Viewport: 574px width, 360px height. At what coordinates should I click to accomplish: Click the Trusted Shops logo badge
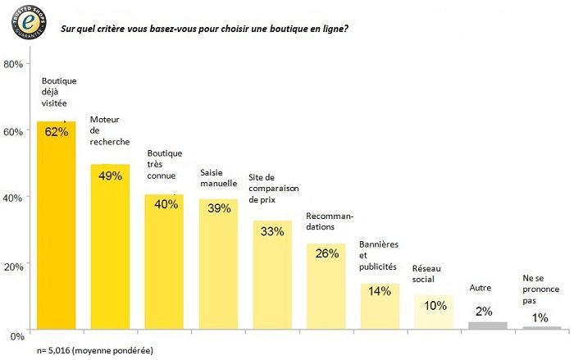pyautogui.click(x=29, y=22)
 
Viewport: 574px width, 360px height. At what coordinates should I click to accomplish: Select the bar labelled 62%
pyautogui.click(x=57, y=226)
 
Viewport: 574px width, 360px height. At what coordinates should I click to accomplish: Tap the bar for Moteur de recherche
pyautogui.click(x=110, y=247)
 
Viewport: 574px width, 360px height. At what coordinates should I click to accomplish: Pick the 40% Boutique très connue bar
pyautogui.click(x=164, y=262)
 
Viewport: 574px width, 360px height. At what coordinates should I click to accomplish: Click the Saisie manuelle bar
pyautogui.click(x=219, y=264)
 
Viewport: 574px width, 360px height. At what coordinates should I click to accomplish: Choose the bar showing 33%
pyautogui.click(x=272, y=275)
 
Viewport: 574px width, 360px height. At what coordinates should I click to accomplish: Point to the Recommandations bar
pyautogui.click(x=326, y=286)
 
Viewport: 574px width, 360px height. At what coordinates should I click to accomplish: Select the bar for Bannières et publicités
pyautogui.click(x=380, y=307)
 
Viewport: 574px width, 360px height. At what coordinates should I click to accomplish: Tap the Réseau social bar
pyautogui.click(x=434, y=312)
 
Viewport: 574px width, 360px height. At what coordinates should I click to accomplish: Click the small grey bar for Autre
pyautogui.click(x=488, y=326)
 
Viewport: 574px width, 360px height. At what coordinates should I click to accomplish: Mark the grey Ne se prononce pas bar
pyautogui.click(x=542, y=328)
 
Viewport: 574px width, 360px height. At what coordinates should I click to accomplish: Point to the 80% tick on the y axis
pyautogui.click(x=13, y=64)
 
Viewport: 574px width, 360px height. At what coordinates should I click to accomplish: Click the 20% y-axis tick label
pyautogui.click(x=14, y=267)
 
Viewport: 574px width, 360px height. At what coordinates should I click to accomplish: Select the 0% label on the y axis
pyautogui.click(x=17, y=336)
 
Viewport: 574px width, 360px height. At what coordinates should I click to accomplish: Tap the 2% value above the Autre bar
pyautogui.click(x=484, y=312)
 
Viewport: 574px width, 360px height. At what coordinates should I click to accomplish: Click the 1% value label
pyautogui.click(x=540, y=317)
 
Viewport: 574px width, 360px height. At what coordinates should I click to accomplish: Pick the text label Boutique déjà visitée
pyautogui.click(x=59, y=92)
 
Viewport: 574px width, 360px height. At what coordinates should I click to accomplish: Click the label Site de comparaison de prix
pyautogui.click(x=274, y=189)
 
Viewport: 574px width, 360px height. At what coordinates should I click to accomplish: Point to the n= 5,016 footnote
pyautogui.click(x=95, y=350)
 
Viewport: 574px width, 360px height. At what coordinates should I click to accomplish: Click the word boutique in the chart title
pyautogui.click(x=287, y=29)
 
